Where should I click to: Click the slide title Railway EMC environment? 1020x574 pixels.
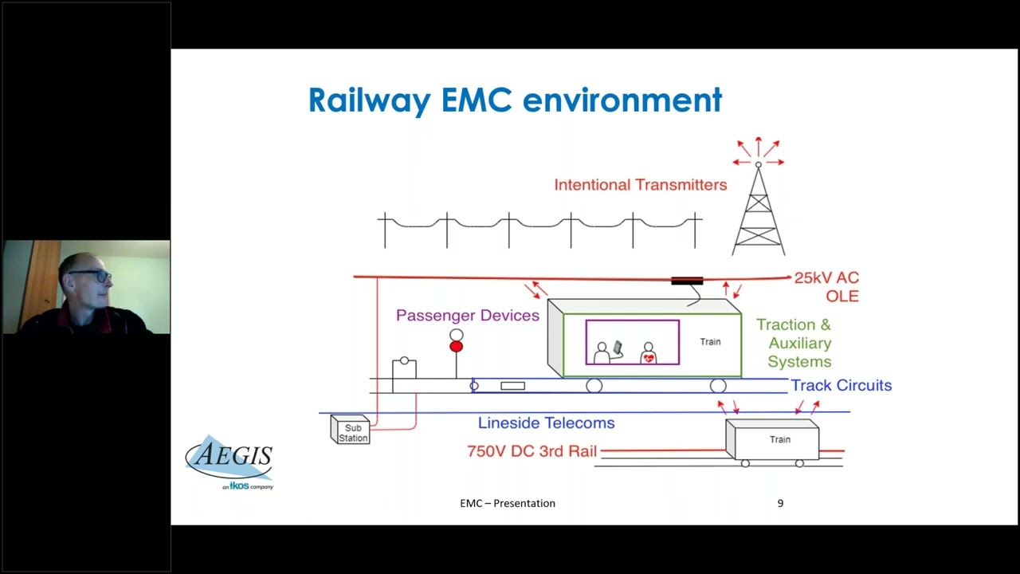click(515, 101)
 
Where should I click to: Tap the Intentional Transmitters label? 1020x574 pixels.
click(640, 185)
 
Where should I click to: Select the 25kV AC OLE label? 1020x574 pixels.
click(826, 287)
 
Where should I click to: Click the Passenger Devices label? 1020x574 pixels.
click(467, 316)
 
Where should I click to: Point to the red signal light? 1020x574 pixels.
click(456, 347)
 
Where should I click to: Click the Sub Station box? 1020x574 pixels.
click(351, 431)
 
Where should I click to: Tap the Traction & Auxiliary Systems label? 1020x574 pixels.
click(794, 343)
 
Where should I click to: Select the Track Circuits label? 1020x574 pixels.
click(841, 386)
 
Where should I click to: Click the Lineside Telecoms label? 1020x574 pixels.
click(546, 423)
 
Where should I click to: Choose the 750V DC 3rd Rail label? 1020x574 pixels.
click(532, 451)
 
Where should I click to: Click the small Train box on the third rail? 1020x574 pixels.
click(772, 440)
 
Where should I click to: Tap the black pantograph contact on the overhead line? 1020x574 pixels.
click(687, 281)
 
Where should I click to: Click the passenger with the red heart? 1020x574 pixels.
click(649, 353)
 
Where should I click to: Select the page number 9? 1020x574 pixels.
click(780, 503)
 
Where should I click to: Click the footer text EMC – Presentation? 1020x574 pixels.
click(508, 503)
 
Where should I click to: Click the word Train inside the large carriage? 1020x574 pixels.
click(710, 342)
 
